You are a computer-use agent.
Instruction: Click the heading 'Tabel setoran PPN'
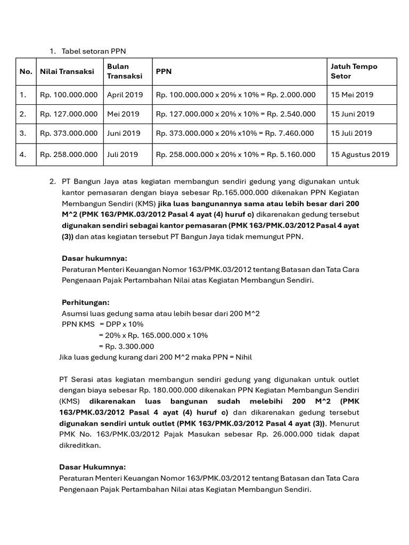point(94,51)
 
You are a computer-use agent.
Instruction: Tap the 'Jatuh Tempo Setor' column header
point(354,71)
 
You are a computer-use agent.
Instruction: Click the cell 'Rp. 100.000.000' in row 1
point(69,95)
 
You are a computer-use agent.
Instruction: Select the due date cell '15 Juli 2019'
point(351,133)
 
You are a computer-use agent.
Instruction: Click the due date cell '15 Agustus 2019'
point(360,154)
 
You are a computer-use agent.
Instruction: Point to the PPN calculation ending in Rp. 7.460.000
point(235,133)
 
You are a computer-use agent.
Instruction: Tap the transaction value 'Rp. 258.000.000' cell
point(69,154)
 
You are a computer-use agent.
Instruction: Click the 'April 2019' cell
point(125,95)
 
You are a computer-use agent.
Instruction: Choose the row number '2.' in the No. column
point(23,114)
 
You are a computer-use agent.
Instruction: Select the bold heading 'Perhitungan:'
point(85,302)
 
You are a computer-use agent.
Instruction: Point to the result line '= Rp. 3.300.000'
point(126,346)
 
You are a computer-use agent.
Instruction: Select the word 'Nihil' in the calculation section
point(241,357)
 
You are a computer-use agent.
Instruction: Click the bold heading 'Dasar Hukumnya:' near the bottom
point(93,467)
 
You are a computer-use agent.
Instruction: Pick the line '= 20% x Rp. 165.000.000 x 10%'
point(153,335)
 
